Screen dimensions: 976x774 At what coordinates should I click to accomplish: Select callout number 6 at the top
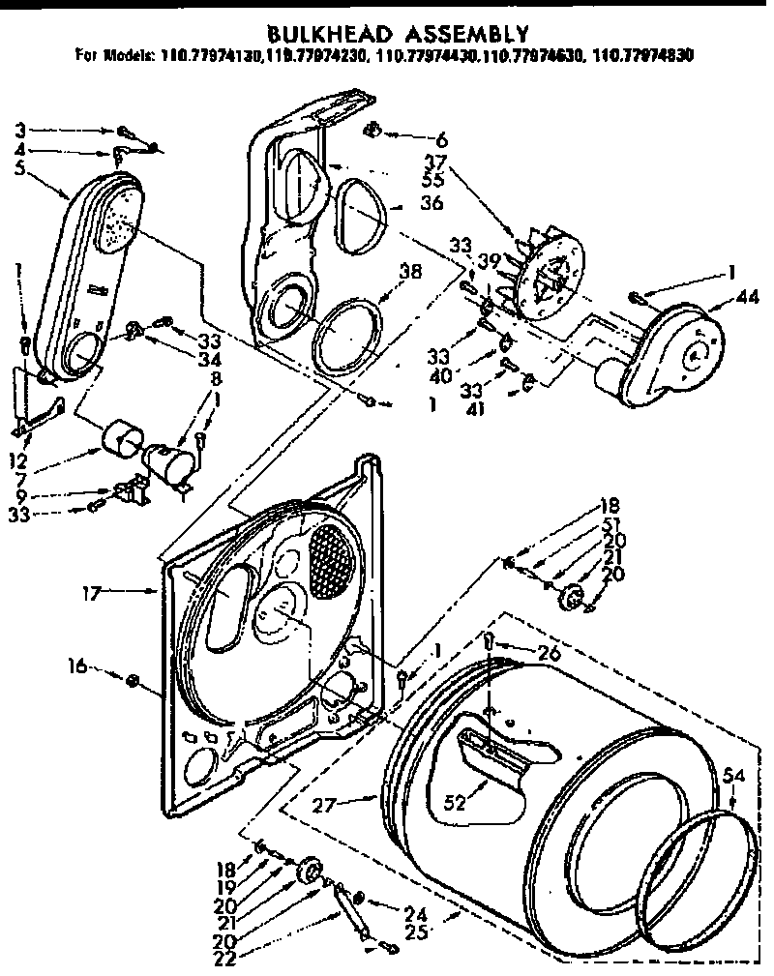[x=441, y=139]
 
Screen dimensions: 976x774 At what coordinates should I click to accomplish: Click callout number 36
[x=431, y=204]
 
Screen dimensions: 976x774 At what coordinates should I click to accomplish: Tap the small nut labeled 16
[x=132, y=683]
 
